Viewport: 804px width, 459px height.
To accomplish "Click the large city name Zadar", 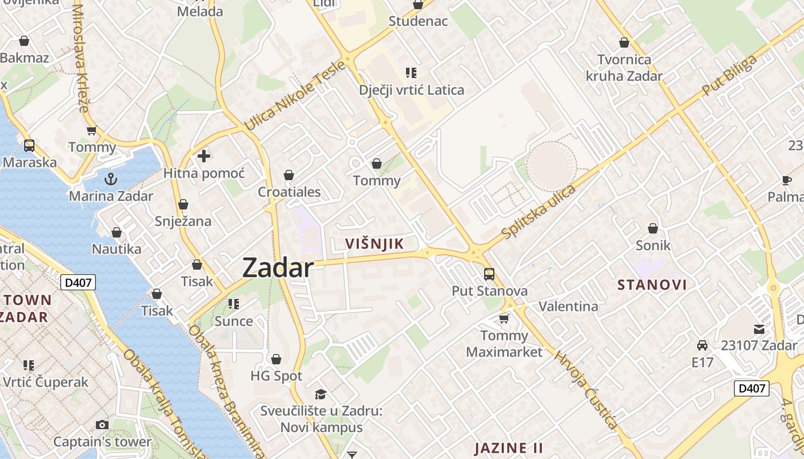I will [278, 268].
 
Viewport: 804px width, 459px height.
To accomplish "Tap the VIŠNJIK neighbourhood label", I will [374, 244].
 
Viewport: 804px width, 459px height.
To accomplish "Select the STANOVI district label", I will [652, 285].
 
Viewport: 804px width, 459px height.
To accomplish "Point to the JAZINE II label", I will [509, 448].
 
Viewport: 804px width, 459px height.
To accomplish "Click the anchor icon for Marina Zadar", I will [111, 178].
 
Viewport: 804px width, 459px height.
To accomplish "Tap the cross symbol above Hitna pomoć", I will [204, 155].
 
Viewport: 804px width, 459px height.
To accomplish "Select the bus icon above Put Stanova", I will [489, 274].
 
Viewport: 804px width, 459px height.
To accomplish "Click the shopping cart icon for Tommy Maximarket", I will [504, 318].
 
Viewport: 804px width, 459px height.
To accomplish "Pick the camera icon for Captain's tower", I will [102, 425].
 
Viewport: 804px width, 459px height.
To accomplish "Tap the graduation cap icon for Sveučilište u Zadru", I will [320, 394].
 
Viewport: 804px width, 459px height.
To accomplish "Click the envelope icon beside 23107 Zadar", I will [759, 329].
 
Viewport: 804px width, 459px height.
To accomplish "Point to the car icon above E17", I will [702, 345].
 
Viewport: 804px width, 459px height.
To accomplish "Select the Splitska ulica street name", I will [538, 212].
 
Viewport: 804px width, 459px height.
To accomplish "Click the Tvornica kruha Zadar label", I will [624, 68].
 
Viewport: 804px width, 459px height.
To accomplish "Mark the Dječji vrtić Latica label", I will [411, 90].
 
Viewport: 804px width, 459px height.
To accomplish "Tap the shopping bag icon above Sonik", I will [653, 228].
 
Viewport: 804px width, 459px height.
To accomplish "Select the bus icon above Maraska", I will [29, 146].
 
